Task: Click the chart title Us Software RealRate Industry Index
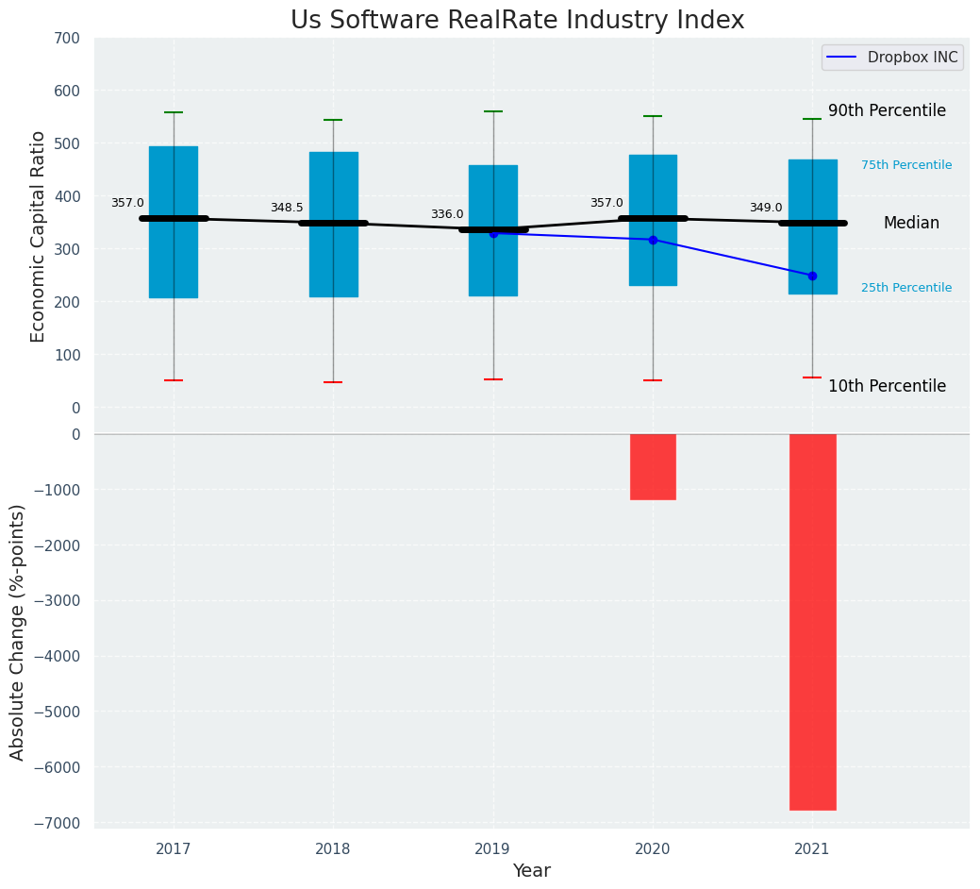pos(517,21)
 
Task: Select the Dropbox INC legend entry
pos(891,58)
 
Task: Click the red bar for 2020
pos(653,466)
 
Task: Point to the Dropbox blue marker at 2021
pos(812,276)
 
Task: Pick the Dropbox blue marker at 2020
pos(653,240)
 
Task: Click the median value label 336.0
pos(447,215)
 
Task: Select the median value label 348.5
pos(287,209)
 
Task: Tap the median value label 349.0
pos(766,209)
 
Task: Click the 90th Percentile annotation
pos(887,111)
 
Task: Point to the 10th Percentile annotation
pos(887,387)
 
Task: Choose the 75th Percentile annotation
pos(906,165)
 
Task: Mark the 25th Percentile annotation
pos(906,288)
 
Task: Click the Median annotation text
pos(911,224)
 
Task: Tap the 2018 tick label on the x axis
pos(333,849)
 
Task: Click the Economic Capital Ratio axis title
pos(39,236)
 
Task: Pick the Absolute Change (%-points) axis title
pos(18,631)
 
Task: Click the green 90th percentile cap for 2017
pos(174,112)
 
